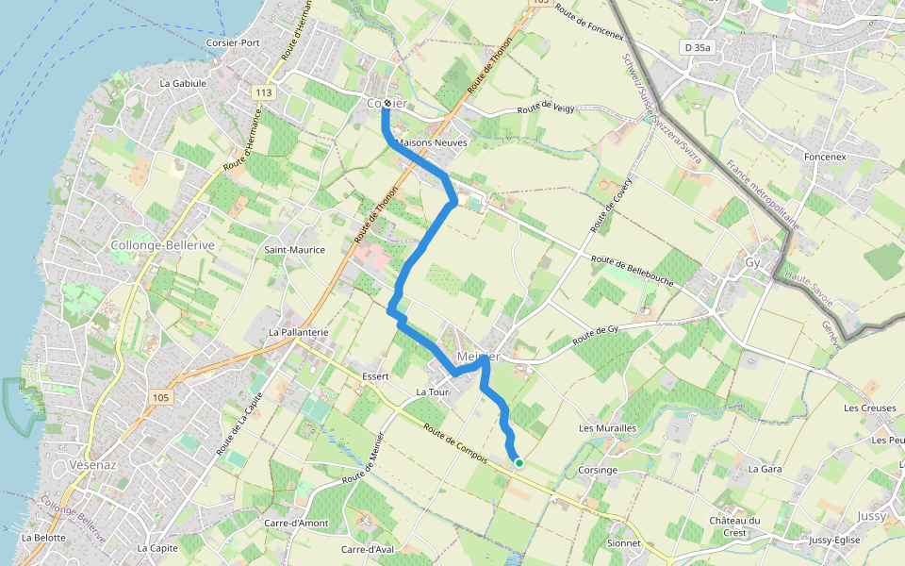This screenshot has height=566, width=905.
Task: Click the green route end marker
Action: click(518, 462)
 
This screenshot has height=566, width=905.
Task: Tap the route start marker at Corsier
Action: click(387, 104)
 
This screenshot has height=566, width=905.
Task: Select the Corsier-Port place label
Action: click(234, 43)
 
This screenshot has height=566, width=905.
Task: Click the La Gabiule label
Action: click(183, 83)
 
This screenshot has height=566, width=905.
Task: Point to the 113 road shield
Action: click(262, 92)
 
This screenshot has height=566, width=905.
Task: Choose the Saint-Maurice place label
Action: click(294, 250)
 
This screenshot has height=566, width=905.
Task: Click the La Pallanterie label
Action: click(298, 332)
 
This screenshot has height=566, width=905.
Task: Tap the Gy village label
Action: click(752, 262)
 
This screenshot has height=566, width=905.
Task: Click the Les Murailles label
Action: click(607, 428)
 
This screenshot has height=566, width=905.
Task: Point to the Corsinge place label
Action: click(598, 470)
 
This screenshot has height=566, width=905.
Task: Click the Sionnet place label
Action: click(624, 543)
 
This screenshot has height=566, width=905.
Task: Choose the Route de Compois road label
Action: click(454, 447)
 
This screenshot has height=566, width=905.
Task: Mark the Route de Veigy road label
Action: click(544, 109)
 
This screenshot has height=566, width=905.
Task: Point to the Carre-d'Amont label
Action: click(296, 524)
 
